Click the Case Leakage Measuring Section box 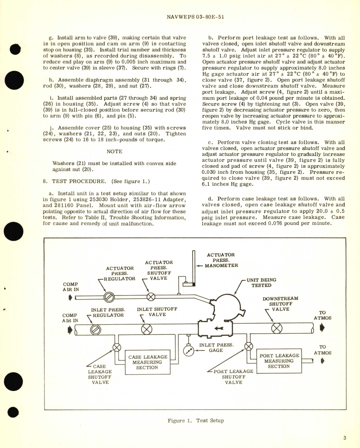click(147, 362)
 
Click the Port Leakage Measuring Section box click(279, 361)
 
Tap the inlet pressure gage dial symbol click(189, 351)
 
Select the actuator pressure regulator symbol click(109, 297)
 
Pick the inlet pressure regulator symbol click(96, 330)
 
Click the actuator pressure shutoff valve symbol click(151, 297)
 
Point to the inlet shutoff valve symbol click(147, 330)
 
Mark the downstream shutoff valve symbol click(277, 328)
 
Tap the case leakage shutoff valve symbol click(117, 348)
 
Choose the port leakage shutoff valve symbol click(248, 346)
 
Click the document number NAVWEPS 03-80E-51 click(195, 17)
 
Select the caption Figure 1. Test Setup click(196, 420)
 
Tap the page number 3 click(344, 438)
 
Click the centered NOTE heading click(114, 151)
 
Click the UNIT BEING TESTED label click(261, 282)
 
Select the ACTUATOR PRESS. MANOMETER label click(221, 260)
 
